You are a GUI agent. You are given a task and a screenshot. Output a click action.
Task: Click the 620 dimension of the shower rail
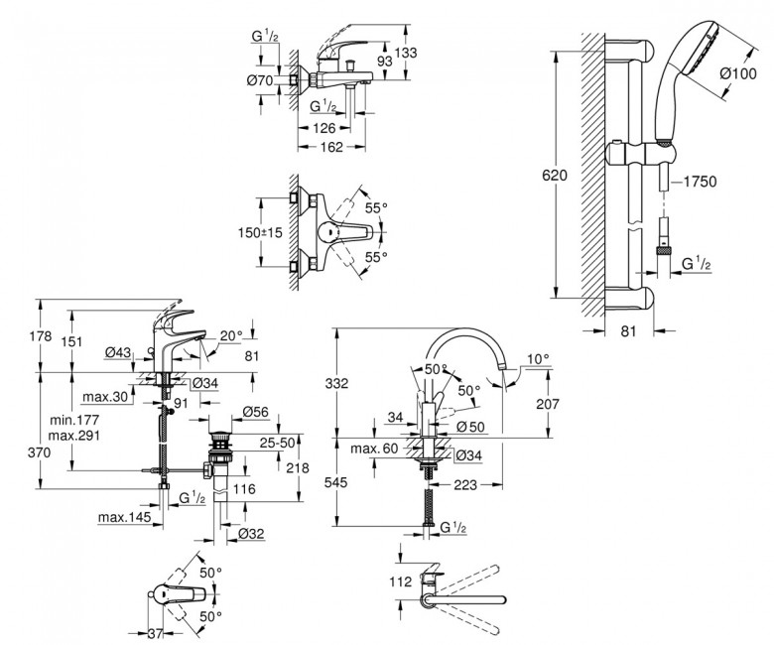point(556,175)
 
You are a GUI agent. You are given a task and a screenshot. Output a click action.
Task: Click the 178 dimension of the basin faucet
point(41,337)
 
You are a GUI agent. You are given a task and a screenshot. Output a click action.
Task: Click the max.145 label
point(121,517)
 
